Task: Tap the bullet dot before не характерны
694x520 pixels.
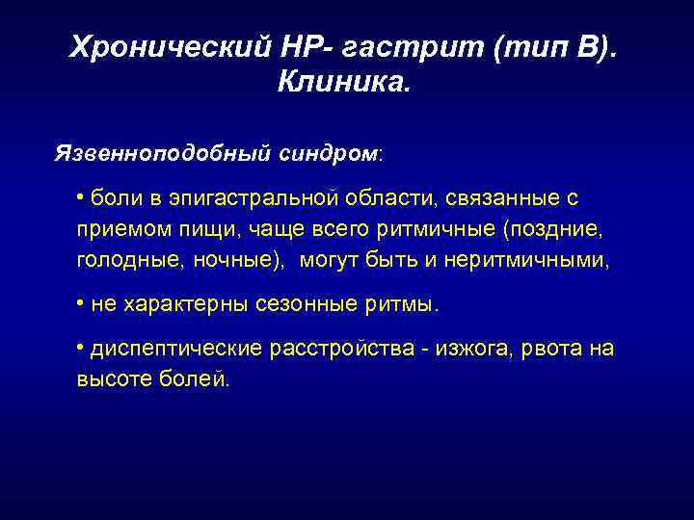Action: tap(80, 303)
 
